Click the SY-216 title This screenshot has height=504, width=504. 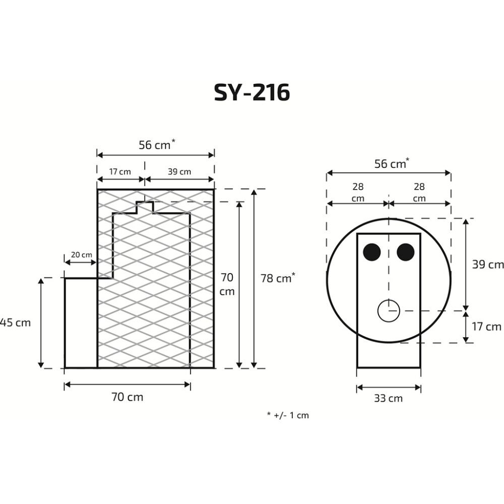point(252,92)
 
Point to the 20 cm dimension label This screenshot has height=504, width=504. point(81,255)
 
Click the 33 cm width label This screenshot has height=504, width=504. point(389,398)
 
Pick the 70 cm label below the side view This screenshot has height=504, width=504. point(128,397)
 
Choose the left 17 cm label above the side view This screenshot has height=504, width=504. point(120,172)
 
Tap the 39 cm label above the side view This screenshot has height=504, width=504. point(179,172)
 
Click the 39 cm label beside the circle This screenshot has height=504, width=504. point(487,265)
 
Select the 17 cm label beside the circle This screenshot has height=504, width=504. point(487,327)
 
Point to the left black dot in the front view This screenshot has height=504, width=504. point(373,252)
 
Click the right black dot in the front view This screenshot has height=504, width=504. point(405,252)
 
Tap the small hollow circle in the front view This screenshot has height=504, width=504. point(389,310)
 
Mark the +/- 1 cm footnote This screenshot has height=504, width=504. point(287,416)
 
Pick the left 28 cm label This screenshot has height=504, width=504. point(358,193)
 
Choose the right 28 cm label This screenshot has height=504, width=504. point(419,193)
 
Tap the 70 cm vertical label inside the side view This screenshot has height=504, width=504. point(227,284)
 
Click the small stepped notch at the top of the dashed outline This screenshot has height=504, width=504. point(145,207)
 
